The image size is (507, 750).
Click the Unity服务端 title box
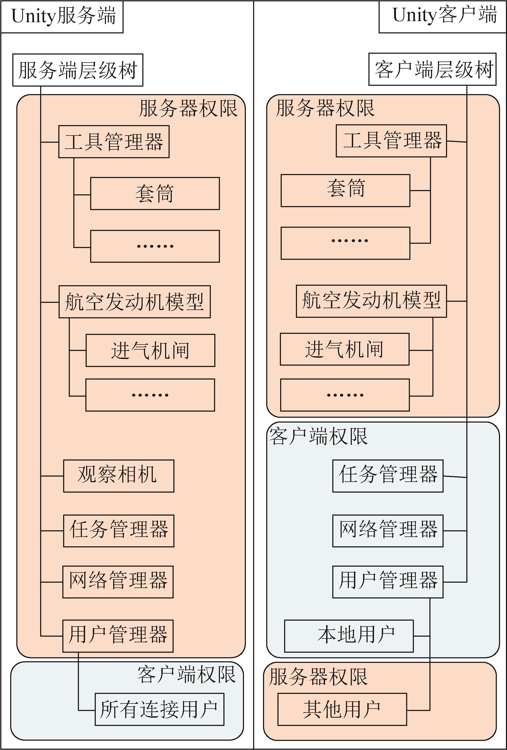click(x=62, y=17)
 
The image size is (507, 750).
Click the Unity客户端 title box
click(x=442, y=17)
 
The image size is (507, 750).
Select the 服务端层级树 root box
click(x=78, y=70)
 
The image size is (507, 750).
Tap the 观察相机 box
click(x=119, y=476)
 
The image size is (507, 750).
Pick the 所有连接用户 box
click(x=159, y=709)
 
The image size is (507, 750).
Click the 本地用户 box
click(x=349, y=636)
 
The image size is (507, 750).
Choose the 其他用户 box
click(x=342, y=709)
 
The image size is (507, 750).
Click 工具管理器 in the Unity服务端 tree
click(x=114, y=142)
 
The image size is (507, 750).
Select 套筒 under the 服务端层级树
click(x=155, y=193)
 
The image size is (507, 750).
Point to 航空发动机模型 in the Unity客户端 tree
click(x=371, y=301)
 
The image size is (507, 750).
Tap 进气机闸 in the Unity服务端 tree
click(x=150, y=350)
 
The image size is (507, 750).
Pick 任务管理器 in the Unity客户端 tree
click(x=388, y=476)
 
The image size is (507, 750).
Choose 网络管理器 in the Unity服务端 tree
click(x=118, y=582)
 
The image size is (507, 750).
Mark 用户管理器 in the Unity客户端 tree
click(x=388, y=582)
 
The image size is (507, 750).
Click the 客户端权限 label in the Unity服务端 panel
click(x=186, y=674)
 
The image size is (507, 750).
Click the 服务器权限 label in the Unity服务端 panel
click(x=188, y=108)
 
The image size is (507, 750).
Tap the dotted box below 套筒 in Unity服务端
click(x=155, y=246)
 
